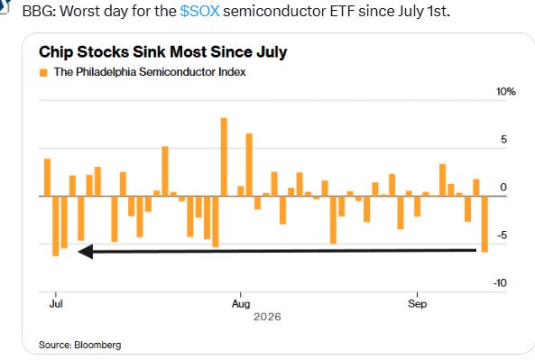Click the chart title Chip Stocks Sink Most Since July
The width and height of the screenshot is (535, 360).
[x=162, y=52]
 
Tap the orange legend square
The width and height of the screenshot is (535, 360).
[x=43, y=72]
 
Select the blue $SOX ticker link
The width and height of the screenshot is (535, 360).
[x=199, y=11]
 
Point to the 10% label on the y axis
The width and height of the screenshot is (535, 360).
[x=505, y=91]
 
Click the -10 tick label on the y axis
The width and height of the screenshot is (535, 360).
[x=500, y=283]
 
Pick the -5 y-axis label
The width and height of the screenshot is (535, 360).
[x=502, y=235]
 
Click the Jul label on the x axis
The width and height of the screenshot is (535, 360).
[x=56, y=303]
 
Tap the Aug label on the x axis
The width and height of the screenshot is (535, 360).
[x=241, y=304]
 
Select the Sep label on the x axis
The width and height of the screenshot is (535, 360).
[x=418, y=304]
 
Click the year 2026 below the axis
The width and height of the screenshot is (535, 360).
[x=267, y=317]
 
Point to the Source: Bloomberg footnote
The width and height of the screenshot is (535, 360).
[x=79, y=345]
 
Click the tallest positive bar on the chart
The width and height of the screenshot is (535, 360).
[x=224, y=157]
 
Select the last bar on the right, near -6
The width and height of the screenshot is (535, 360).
[x=484, y=224]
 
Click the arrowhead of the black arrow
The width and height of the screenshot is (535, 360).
[x=86, y=252]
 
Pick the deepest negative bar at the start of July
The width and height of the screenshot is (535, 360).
[x=56, y=226]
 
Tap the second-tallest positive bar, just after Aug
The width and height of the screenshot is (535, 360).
[x=249, y=165]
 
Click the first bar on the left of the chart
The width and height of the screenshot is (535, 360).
[x=48, y=178]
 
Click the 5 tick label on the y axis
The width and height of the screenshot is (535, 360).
[x=504, y=140]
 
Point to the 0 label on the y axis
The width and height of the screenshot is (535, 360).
[x=503, y=188]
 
